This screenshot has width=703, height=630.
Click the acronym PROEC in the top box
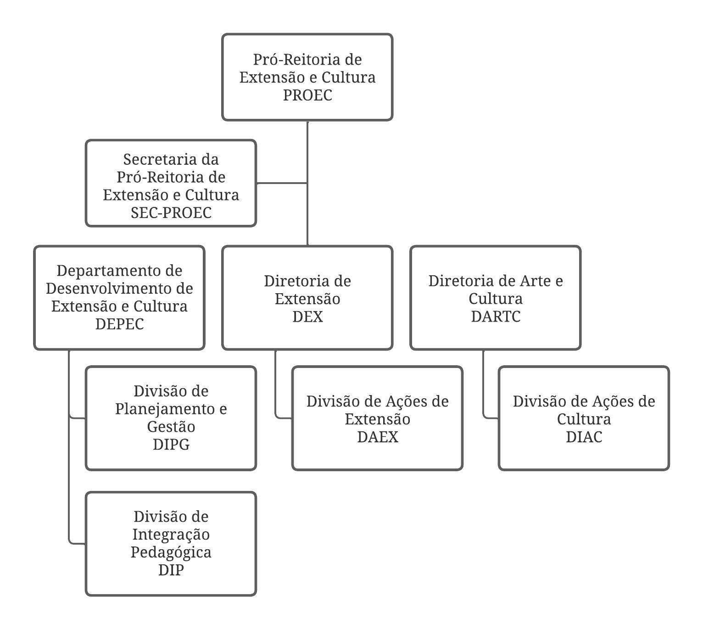coord(307,95)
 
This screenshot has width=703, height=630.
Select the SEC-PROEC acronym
coord(171,212)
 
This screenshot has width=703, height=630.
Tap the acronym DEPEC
coord(119,324)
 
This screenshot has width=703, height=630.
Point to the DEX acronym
coord(307,317)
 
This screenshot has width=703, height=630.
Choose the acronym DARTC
coord(496,317)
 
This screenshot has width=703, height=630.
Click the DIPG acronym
coord(171,445)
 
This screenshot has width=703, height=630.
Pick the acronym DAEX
coord(378,437)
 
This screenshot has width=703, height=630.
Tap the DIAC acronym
coord(584,437)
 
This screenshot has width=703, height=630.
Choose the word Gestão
coord(171,426)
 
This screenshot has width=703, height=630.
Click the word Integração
coord(171,534)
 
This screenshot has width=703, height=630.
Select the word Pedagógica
coord(171,552)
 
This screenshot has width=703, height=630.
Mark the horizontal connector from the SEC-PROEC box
coord(282,183)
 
